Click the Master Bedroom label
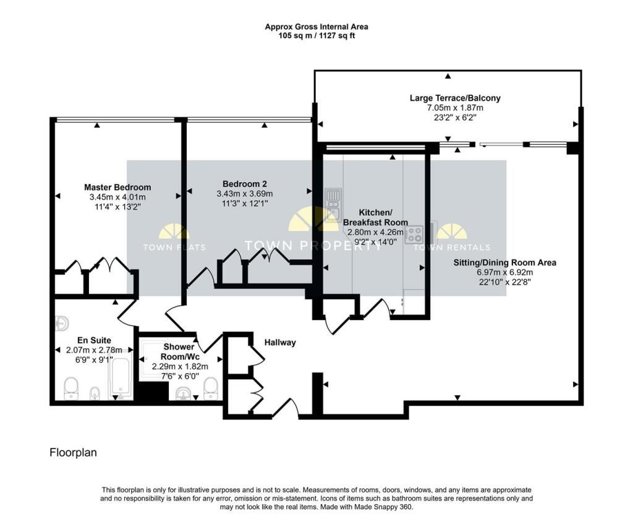point(117,187)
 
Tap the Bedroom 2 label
point(245,183)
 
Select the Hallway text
point(280,342)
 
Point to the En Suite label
point(94,340)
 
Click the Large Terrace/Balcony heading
point(455,98)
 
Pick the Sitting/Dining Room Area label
point(504,263)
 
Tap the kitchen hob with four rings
point(414,234)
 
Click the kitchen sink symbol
point(333,205)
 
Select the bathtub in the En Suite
point(121,376)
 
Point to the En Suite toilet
point(71,388)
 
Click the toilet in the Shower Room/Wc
point(211,388)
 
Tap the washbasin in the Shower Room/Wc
point(184,393)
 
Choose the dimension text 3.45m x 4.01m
point(117,197)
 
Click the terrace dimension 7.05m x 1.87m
point(455,107)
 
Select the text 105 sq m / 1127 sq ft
point(316,35)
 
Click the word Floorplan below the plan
point(73,453)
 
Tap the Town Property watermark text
point(313,245)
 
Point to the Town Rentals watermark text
point(452,247)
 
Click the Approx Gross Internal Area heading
point(316,27)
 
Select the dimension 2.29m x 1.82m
point(180,367)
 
